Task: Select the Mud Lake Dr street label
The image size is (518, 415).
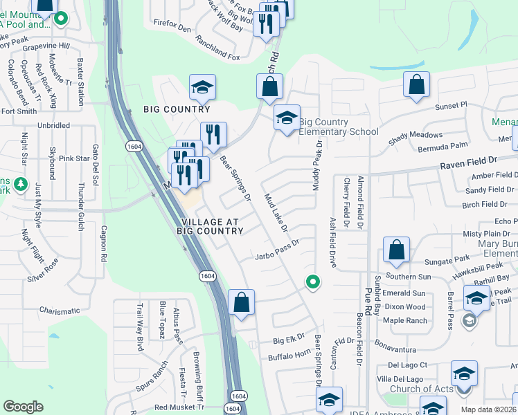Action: coord(275,212)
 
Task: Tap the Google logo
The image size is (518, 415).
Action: coord(23,407)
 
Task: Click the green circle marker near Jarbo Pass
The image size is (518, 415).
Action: coord(313,282)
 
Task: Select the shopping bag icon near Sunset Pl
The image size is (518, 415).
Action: coord(417,86)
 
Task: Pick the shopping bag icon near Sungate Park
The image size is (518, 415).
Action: coord(396,250)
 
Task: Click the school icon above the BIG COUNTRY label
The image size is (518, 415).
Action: coord(203,87)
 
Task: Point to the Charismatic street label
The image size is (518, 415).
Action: coord(65,311)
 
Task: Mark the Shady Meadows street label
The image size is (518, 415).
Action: coord(416,135)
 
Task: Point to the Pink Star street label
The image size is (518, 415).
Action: coord(74,158)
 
